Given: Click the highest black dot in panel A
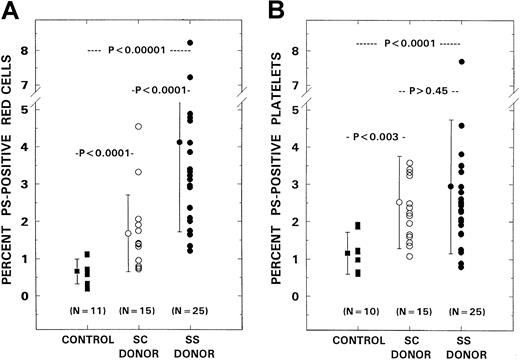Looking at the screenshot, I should (x=190, y=43).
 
